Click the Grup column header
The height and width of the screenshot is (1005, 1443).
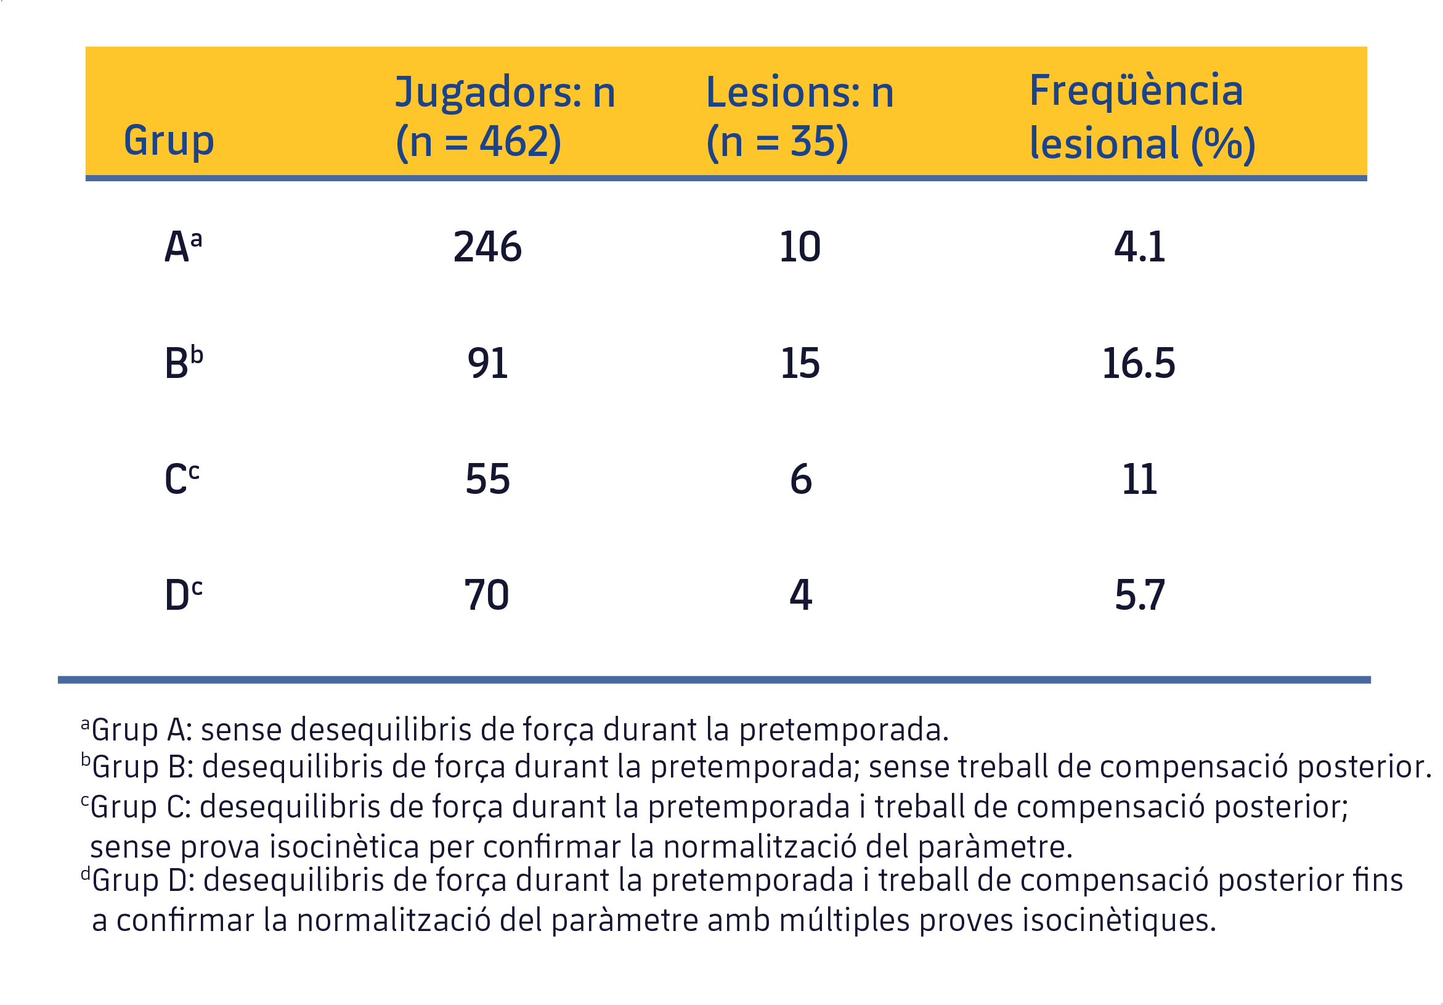pos(168,140)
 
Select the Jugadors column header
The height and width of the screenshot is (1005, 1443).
pos(504,117)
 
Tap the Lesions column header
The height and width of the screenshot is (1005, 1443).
pos(799,117)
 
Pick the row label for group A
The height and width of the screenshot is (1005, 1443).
pos(183,246)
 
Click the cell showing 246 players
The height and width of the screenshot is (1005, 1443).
pos(487,247)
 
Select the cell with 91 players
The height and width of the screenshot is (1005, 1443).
pos(487,363)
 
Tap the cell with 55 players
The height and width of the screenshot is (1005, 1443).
pos(487,479)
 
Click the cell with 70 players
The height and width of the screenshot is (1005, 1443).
pos(486,595)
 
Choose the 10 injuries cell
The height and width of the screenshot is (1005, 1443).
pos(799,247)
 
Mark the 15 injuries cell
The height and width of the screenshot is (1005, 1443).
pos(799,363)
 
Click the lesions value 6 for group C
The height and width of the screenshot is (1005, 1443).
pos(800,479)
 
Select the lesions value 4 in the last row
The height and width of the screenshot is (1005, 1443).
pos(800,595)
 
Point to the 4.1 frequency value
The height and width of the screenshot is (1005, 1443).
pos(1139,247)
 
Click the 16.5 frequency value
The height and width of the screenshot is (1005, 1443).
pos(1138,363)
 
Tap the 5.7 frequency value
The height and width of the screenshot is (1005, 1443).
pos(1139,595)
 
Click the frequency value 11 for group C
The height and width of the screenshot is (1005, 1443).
pos(1139,479)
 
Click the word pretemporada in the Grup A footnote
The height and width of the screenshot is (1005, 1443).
pos(842,731)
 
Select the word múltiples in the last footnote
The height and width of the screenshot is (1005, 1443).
pos(843,921)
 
